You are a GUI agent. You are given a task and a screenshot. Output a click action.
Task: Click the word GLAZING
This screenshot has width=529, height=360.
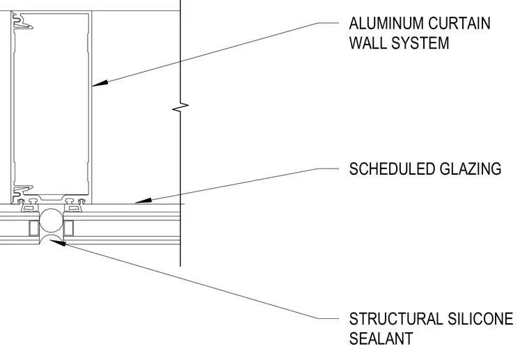coord(471,169)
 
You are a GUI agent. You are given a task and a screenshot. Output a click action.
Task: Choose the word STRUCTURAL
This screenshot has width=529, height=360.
coord(396,319)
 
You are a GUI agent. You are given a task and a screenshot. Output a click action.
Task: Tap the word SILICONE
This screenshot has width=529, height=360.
coord(481,319)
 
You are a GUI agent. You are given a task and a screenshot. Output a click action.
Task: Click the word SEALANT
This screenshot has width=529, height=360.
coord(381,338)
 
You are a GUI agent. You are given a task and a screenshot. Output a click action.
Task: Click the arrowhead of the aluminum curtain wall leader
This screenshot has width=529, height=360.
coord(100,84)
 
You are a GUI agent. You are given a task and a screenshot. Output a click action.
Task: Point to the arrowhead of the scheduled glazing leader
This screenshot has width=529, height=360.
coord(143,201)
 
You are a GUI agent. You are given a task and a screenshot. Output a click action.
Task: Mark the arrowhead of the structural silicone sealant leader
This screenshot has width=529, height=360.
coord(57,242)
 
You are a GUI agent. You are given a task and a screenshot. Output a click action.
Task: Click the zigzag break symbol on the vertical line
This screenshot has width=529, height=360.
coord(180,107)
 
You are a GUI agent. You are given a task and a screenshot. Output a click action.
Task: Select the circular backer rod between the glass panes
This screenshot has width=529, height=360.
coord(52,221)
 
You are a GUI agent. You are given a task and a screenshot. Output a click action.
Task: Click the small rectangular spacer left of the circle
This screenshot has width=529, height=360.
coord(33,228)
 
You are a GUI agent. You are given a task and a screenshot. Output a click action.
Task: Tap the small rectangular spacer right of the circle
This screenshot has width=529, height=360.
coord(68,228)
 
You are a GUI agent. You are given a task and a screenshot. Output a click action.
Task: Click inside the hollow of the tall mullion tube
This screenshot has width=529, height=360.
coord(52,104)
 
